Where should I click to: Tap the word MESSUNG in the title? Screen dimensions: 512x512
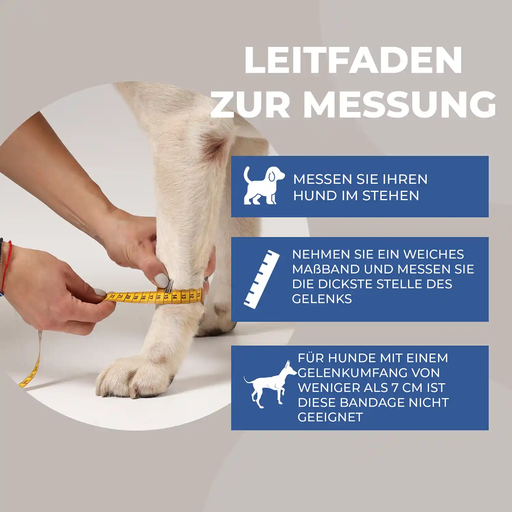pyautogui.click(x=399, y=104)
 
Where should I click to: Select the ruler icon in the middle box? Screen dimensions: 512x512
pyautogui.click(x=261, y=280)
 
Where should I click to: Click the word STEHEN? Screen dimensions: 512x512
pyautogui.click(x=390, y=196)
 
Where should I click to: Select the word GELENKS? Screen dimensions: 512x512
pyautogui.click(x=322, y=299)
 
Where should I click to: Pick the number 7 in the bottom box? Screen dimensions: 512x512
pyautogui.click(x=395, y=388)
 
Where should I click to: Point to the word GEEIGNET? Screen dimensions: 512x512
pyautogui.click(x=330, y=417)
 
